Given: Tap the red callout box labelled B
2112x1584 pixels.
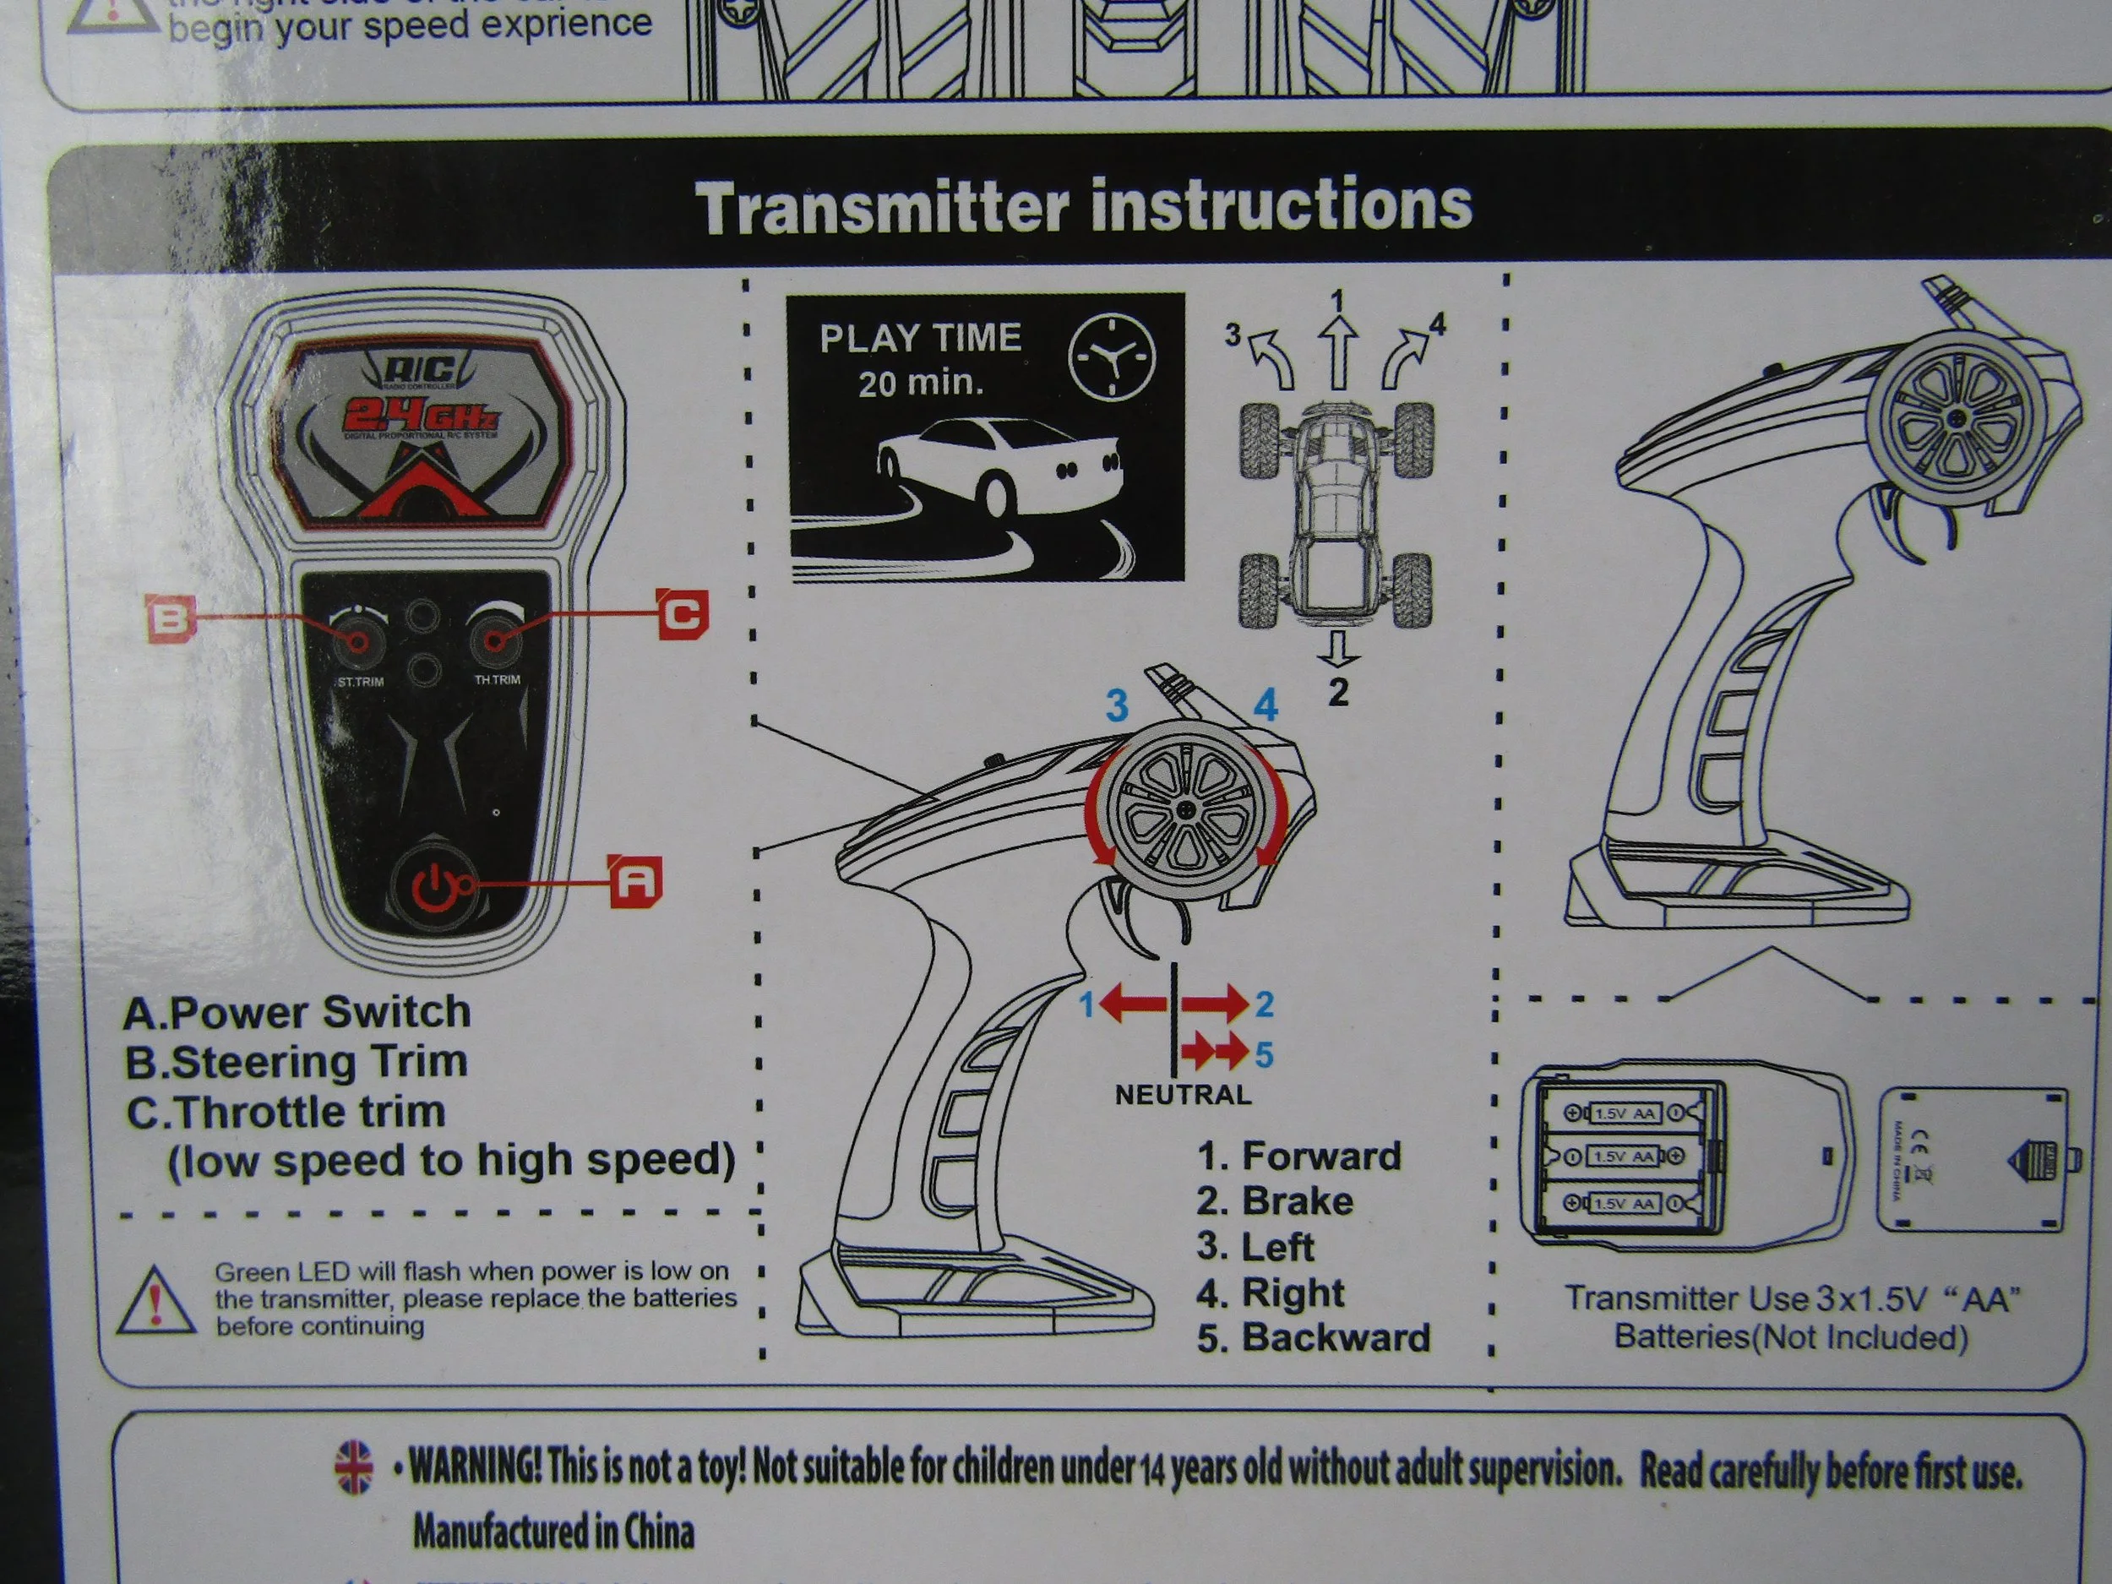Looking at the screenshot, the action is tap(169, 618).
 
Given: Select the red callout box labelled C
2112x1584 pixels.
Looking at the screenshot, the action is tap(683, 613).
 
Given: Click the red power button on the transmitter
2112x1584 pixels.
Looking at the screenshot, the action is tap(434, 887).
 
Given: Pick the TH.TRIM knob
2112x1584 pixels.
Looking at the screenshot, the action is tap(494, 637).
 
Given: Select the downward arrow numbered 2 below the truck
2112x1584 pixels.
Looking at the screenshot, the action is tap(1339, 650).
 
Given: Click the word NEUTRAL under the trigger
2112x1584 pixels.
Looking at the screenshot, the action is tap(1183, 1095).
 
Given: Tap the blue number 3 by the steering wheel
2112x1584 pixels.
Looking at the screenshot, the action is tap(1116, 705).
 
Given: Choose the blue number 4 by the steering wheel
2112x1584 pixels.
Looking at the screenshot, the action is tap(1266, 705).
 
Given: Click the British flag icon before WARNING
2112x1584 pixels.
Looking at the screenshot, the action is tap(354, 1466).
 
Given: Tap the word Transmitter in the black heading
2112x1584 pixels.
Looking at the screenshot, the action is tap(880, 207).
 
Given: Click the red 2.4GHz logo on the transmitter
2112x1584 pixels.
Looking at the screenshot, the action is tap(420, 416).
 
